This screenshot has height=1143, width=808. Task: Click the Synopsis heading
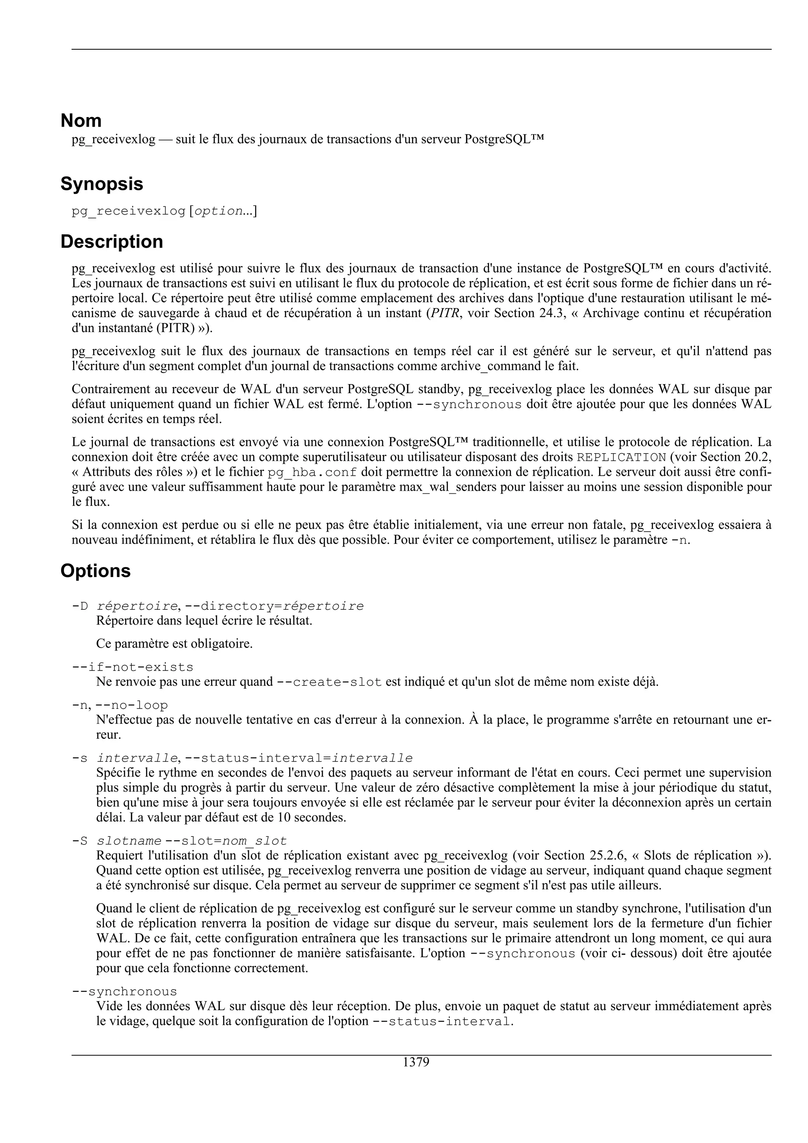(101, 184)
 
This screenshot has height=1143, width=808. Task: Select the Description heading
(112, 241)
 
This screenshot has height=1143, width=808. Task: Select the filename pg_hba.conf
(312, 472)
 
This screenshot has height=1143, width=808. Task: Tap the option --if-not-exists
(133, 667)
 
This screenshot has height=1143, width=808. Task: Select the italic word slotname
(129, 841)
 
